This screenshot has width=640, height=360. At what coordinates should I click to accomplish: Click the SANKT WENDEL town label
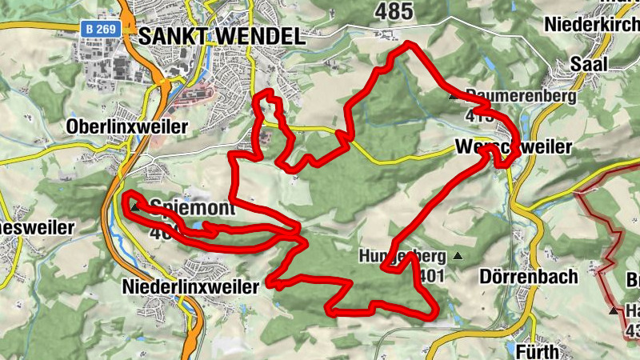pos(221,36)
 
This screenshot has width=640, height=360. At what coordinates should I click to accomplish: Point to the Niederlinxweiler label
pos(192,286)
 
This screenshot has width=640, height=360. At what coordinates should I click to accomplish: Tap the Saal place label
pos(589,64)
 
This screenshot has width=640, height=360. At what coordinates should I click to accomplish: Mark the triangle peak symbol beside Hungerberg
pos(458,257)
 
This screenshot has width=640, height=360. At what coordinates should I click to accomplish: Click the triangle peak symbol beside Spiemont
pos(135,207)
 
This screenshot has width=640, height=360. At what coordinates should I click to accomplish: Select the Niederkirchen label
pos(592,24)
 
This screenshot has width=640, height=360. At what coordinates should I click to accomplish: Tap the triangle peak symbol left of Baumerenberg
pos(454,97)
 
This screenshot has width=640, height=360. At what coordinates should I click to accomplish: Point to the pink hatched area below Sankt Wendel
pos(195,97)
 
